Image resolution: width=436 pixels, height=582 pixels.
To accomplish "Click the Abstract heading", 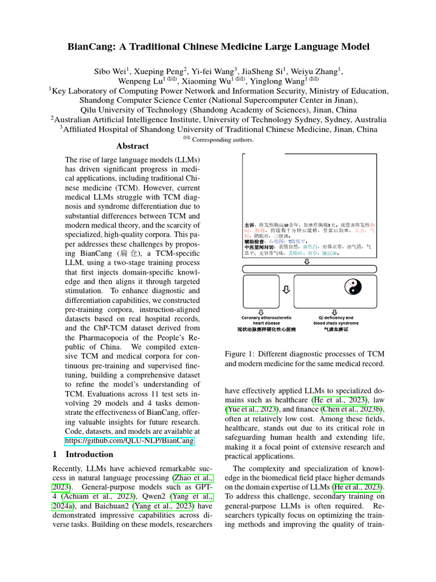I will (x=132, y=146).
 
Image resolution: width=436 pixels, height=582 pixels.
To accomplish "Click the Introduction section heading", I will (x=90, y=455).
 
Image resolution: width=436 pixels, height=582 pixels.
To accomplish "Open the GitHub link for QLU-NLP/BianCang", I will (x=130, y=440).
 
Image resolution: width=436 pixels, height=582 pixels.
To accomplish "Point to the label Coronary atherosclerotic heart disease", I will (x=266, y=321).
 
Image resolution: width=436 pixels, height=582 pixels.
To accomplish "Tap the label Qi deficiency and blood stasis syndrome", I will (x=336, y=321).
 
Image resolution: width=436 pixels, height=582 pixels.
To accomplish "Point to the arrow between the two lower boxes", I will (x=287, y=289).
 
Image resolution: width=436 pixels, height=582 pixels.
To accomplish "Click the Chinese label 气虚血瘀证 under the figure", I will (x=336, y=329).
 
